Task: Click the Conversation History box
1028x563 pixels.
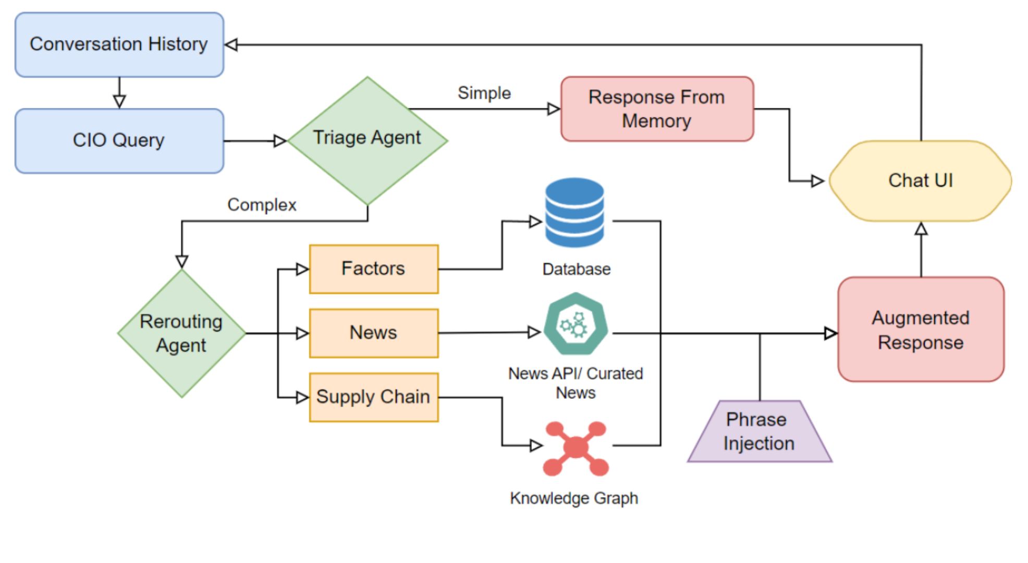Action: click(119, 45)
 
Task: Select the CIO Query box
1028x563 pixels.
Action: click(119, 141)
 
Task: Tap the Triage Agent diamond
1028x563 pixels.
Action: click(368, 140)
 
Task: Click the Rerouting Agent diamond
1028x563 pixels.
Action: click(181, 334)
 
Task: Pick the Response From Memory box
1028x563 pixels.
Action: click(657, 109)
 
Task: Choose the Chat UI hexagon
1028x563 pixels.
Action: click(920, 181)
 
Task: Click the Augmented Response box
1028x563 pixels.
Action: click(921, 329)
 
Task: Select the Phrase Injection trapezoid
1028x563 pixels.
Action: click(760, 432)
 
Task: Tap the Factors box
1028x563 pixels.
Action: click(373, 269)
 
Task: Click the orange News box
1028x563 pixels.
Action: click(373, 333)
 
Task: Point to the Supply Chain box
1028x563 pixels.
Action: click(373, 397)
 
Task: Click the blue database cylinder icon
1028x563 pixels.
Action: click(574, 212)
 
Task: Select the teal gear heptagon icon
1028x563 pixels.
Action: click(576, 325)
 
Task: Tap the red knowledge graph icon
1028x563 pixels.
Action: click(576, 448)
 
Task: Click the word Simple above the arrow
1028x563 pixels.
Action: click(484, 93)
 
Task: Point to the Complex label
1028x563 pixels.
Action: click(262, 205)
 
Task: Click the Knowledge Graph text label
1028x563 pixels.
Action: click(574, 498)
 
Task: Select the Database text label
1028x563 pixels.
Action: click(576, 270)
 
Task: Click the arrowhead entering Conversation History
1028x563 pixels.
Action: click(231, 45)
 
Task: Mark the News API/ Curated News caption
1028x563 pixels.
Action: click(576, 383)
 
